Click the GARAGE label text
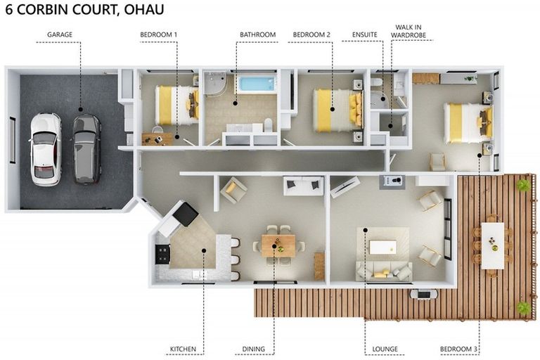coord(60,34)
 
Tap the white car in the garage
coord(46,148)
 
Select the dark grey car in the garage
coord(86,148)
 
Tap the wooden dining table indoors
coord(278,245)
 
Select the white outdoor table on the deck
coord(493,245)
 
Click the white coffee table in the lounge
coord(384,247)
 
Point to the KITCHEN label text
coord(183,349)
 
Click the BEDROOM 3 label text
coord(459,349)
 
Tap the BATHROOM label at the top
coord(257,34)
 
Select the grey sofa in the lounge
coord(383,271)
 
